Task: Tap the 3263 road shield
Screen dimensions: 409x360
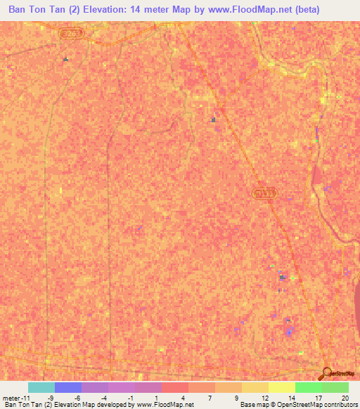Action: [x=69, y=32]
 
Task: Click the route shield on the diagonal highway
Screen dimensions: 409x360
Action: [x=262, y=193]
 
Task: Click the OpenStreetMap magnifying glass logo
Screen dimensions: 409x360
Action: [x=326, y=374]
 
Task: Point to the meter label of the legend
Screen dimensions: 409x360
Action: [x=11, y=397]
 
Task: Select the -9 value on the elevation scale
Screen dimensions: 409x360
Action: [x=50, y=397]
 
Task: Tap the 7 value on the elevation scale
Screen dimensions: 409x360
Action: [x=211, y=397]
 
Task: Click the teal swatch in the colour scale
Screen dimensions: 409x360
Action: [x=41, y=387]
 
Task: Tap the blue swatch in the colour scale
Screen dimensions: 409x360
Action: [x=68, y=387]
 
